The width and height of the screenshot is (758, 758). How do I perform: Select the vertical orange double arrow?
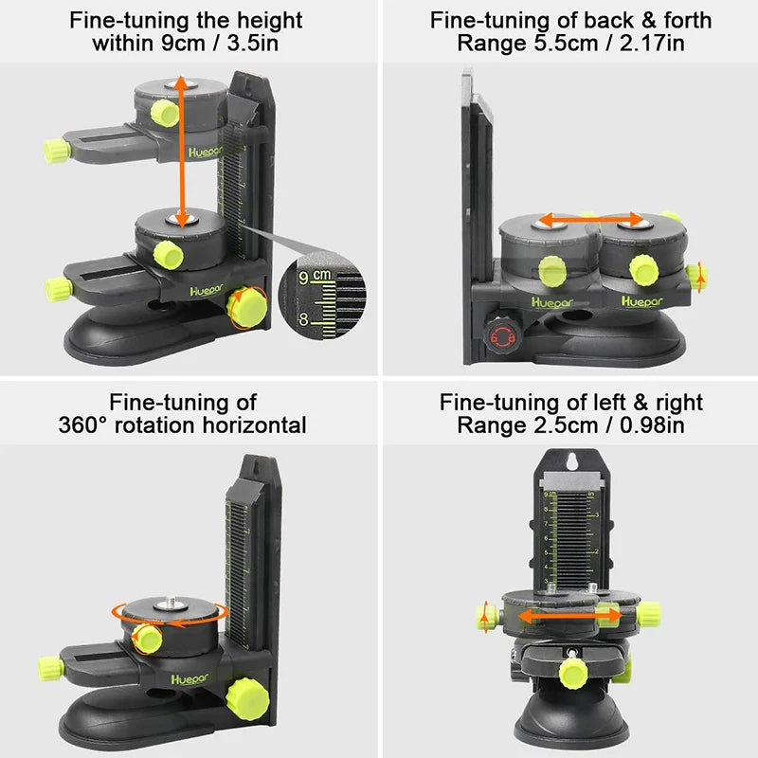(180, 152)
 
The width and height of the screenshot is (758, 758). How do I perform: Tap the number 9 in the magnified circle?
(304, 278)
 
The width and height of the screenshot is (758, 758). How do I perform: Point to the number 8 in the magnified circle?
(304, 319)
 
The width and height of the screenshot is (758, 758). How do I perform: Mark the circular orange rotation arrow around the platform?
(169, 611)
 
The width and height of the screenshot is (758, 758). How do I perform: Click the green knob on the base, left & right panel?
(572, 674)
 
